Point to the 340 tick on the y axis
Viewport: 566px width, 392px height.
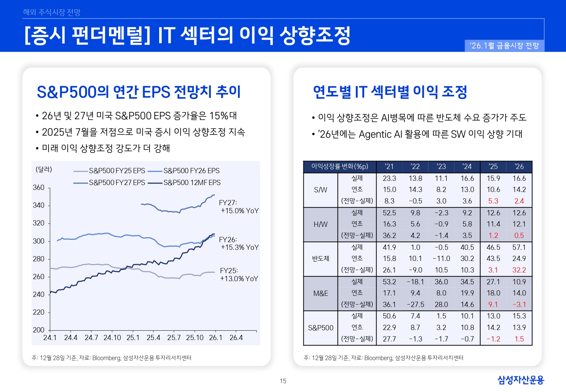[x=39, y=205]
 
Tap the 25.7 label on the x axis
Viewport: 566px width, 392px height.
[x=174, y=338]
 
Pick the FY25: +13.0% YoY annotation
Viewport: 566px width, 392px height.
[x=239, y=275]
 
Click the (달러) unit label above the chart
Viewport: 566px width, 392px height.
[x=44, y=170]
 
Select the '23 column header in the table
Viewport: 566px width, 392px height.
[x=441, y=167]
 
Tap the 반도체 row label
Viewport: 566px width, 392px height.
[x=320, y=259]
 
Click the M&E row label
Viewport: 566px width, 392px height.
[x=320, y=293]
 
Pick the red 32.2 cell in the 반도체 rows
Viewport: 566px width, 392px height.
[x=519, y=270]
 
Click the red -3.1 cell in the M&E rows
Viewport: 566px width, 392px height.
[x=519, y=305]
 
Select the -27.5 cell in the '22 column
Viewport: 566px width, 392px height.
[x=415, y=305]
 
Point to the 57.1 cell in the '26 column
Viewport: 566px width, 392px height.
[x=519, y=247]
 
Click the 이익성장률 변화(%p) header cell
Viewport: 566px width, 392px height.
[x=340, y=167]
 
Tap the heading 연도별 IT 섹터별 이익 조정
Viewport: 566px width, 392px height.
[x=390, y=92]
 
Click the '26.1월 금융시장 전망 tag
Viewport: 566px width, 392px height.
[x=504, y=46]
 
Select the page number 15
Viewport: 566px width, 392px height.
[x=283, y=381]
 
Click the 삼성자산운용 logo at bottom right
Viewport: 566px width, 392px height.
[x=520, y=380]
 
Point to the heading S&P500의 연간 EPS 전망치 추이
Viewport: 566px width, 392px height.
[x=139, y=92]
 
